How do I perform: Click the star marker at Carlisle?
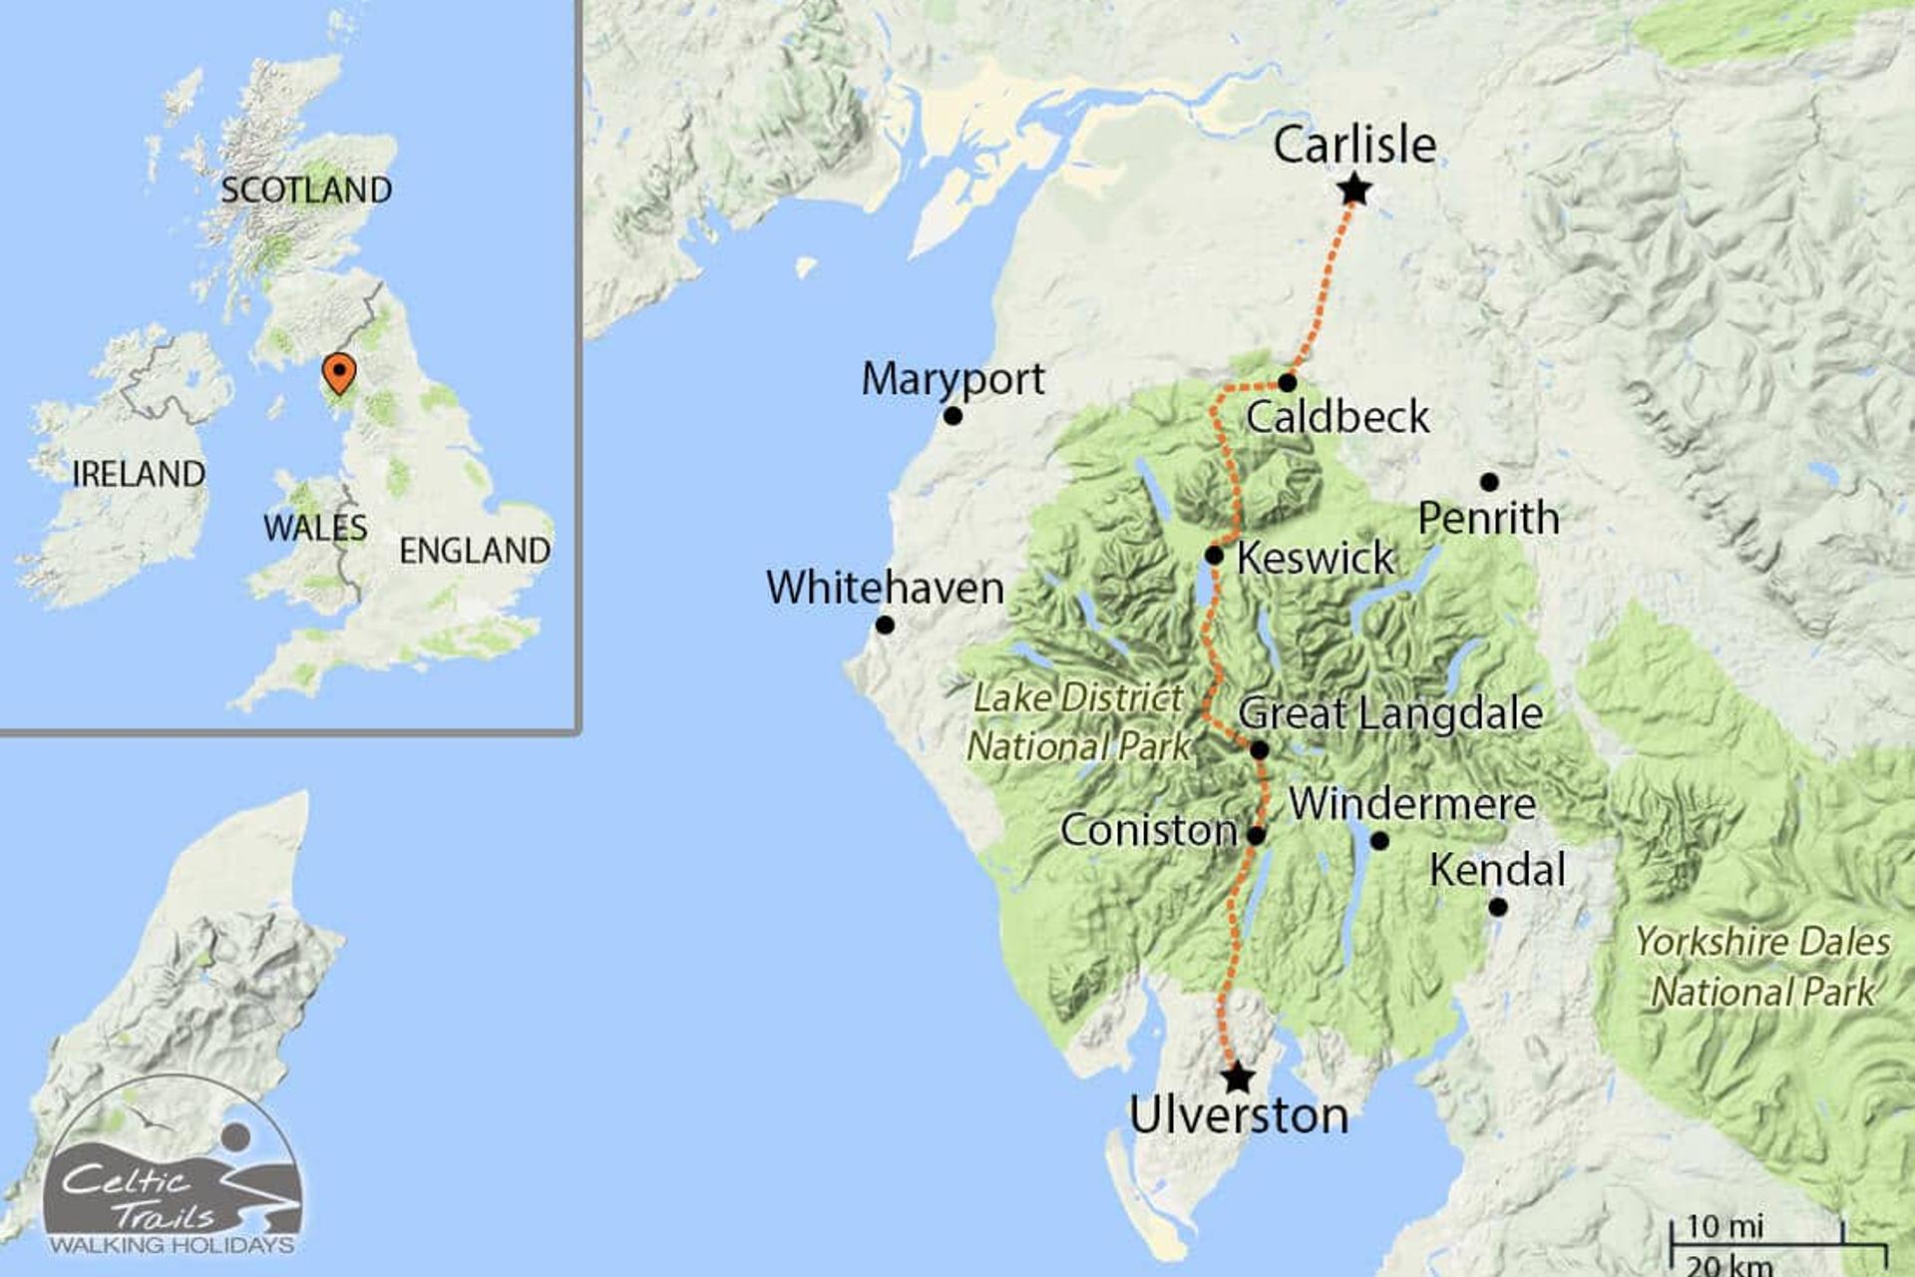point(1354,190)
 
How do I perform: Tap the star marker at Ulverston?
point(1237,1077)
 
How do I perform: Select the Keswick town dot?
point(1214,555)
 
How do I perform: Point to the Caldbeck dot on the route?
point(1288,382)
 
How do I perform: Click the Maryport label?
point(953,379)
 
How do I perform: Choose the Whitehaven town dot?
point(885,626)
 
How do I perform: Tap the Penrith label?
point(1488,519)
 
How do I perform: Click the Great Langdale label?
point(1390,713)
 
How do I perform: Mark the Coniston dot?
point(1257,836)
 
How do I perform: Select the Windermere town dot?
point(1379,841)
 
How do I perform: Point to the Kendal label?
point(1497,870)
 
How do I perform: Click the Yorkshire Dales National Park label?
point(1762,967)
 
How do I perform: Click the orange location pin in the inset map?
point(340,374)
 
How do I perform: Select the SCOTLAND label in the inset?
point(306,190)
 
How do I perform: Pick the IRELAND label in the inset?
point(139,474)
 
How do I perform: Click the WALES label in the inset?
point(315,528)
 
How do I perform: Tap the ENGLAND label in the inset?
point(475,551)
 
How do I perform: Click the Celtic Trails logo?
point(173,1177)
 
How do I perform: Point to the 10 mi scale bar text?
point(1724,1225)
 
